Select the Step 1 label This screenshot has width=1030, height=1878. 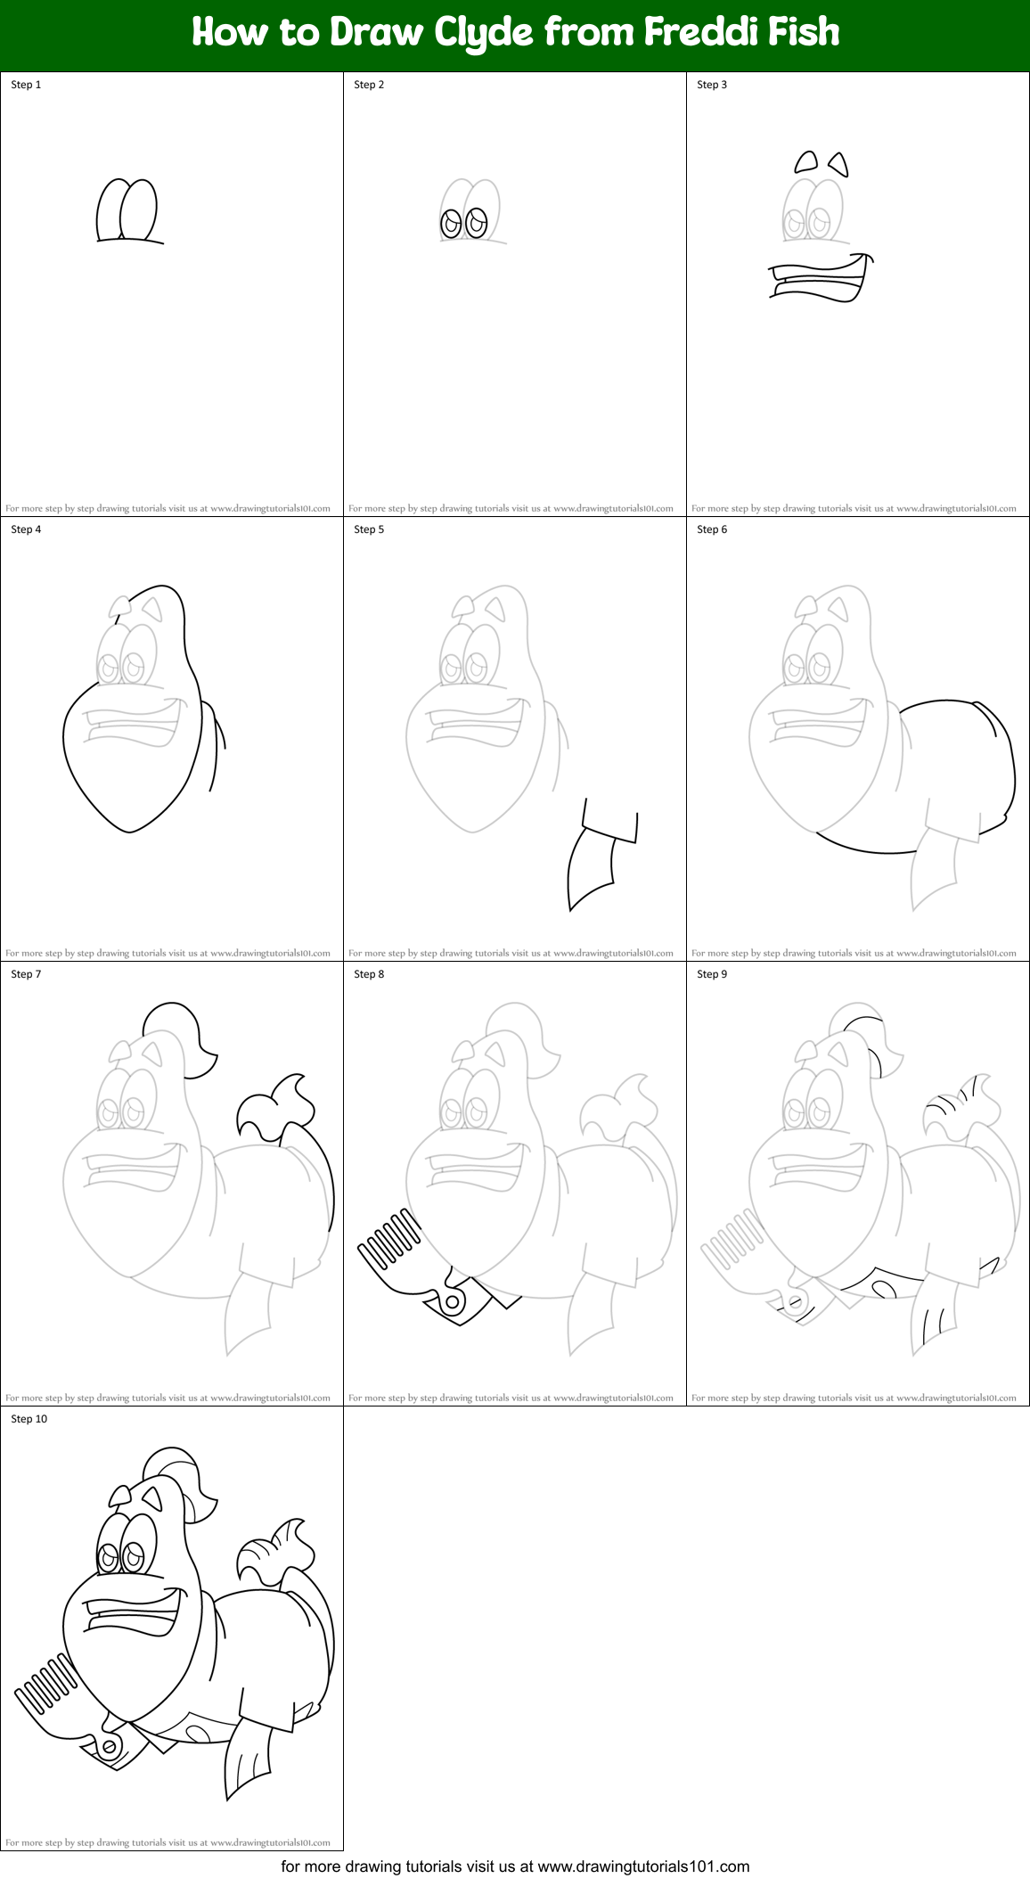pyautogui.click(x=26, y=85)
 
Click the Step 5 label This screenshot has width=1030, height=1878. pyautogui.click(x=369, y=529)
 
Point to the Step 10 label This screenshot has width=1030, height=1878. pyautogui.click(x=29, y=1419)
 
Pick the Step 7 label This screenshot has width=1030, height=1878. pyautogui.click(x=26, y=974)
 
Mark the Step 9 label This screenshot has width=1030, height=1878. pyautogui.click(x=712, y=974)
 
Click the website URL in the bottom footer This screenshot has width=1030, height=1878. pyautogui.click(x=643, y=1866)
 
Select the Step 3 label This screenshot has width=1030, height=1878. pyautogui.click(x=712, y=85)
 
